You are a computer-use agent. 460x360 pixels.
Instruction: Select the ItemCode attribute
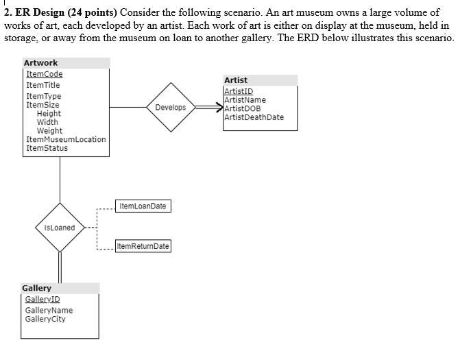click(43, 74)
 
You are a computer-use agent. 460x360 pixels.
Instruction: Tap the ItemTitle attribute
click(43, 85)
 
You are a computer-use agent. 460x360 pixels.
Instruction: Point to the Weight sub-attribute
click(49, 130)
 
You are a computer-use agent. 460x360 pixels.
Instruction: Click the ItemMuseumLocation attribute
click(66, 139)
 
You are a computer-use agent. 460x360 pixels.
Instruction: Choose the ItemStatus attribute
click(47, 148)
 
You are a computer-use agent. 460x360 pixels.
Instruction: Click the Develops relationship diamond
click(171, 108)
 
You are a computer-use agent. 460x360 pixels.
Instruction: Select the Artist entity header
click(236, 80)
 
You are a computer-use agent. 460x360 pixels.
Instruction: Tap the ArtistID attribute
click(239, 91)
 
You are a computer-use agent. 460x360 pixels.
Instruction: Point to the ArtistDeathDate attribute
click(254, 117)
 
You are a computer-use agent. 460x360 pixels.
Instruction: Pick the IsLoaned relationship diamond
click(60, 228)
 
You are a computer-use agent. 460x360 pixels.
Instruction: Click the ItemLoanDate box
click(143, 206)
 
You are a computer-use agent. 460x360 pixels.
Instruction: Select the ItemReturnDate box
click(143, 246)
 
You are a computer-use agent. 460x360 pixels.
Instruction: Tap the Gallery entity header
click(37, 288)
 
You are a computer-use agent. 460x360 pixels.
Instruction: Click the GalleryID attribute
click(43, 300)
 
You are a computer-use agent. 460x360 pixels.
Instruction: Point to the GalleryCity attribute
click(45, 319)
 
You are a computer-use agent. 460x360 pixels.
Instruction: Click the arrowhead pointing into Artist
click(218, 108)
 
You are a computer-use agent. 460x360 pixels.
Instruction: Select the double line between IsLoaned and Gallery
click(60, 267)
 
